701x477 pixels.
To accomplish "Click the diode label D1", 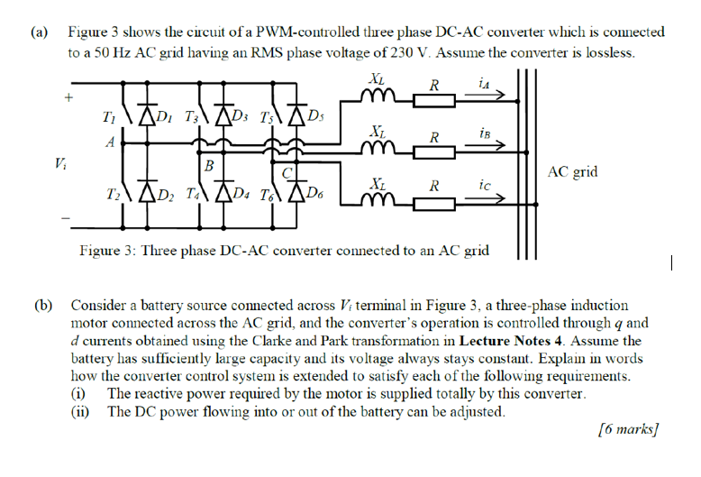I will coord(165,116).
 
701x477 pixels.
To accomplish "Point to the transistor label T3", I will coord(192,117).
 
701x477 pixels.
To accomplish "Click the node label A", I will coord(109,141).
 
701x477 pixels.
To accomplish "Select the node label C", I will coord(287,170).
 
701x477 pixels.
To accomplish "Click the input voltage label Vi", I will coord(59,163).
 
